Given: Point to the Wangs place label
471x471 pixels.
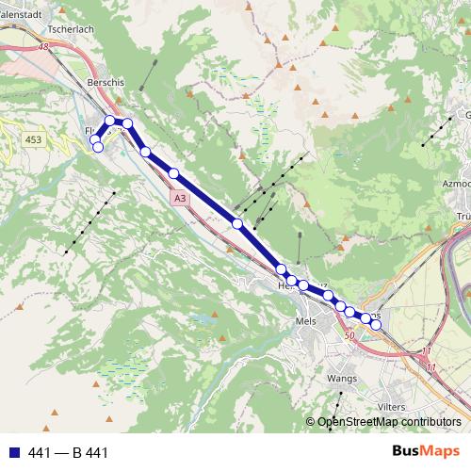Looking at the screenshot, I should point(341,378).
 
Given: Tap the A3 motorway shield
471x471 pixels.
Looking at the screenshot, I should point(180,199).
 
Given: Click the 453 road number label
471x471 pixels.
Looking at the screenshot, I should point(34,139).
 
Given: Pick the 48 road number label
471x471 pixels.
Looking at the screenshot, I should point(43,46).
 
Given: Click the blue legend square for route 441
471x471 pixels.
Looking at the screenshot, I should point(14,452).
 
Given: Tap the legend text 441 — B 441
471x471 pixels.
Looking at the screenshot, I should point(69,452).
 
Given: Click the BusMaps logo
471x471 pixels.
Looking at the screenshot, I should point(426,451).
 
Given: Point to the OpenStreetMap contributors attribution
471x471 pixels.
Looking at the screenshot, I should point(389,422).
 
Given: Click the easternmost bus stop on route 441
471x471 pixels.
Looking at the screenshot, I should point(376,325).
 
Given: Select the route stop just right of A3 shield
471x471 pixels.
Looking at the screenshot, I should point(237,223).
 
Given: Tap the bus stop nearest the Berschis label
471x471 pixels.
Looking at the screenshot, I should point(110,121).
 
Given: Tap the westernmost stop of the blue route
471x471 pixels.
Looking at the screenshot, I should point(94,140).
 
